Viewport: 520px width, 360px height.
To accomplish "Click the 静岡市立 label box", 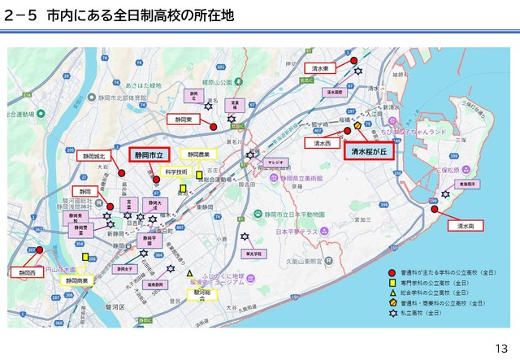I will pyautogui.click(x=149, y=154).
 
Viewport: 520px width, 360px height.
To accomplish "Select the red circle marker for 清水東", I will pyautogui.click(x=354, y=59).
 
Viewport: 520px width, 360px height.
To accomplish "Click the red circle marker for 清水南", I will pyautogui.click(x=435, y=209).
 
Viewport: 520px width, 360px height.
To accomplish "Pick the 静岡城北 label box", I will pyautogui.click(x=93, y=154).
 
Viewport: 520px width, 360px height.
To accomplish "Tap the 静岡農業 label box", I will pyautogui.click(x=198, y=154).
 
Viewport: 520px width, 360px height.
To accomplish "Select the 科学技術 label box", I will pyautogui.click(x=176, y=172).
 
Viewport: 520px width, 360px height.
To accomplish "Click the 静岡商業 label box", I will pyautogui.click(x=77, y=280).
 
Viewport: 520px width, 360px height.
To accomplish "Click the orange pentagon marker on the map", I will pyautogui.click(x=357, y=126).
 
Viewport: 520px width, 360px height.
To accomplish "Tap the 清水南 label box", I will pyautogui.click(x=465, y=226).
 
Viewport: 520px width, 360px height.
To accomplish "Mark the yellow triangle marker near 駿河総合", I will pyautogui.click(x=189, y=274).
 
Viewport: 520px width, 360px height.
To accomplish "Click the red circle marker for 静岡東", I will pyautogui.click(x=213, y=126).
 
